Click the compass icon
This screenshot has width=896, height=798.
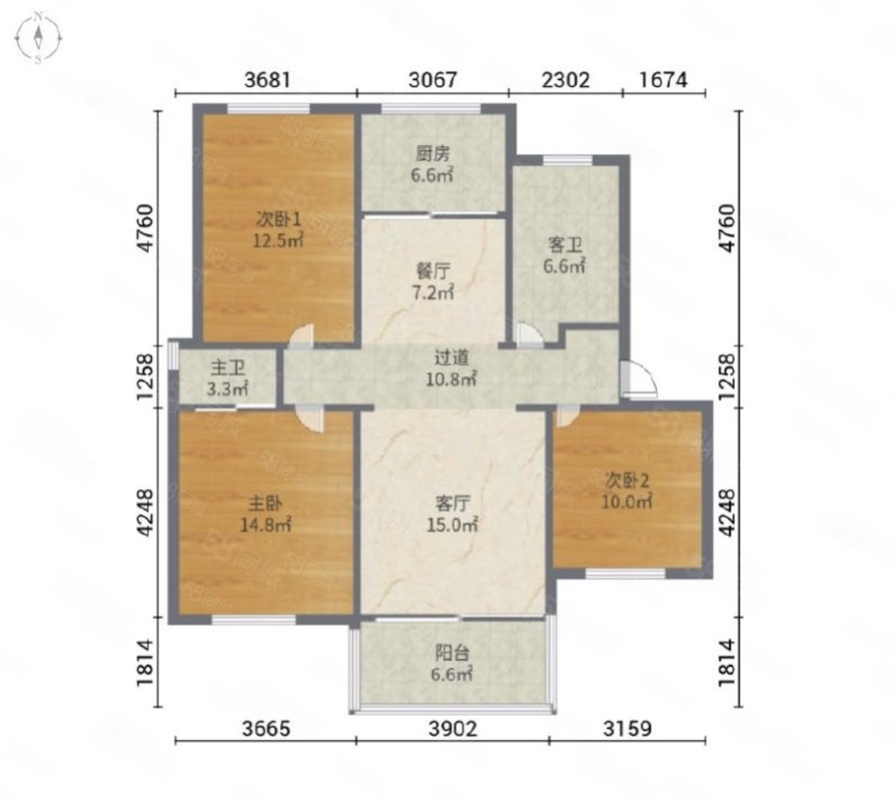(x=38, y=38)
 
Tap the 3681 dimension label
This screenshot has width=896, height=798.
(x=268, y=79)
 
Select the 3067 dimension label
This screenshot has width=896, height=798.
(x=433, y=79)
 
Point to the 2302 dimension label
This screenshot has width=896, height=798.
(x=565, y=79)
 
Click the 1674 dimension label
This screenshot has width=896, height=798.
(x=663, y=79)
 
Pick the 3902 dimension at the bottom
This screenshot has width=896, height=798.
(x=452, y=729)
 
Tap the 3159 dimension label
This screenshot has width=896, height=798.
(x=627, y=729)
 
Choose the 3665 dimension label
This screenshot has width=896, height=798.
(x=266, y=729)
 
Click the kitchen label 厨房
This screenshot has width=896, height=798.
(x=432, y=154)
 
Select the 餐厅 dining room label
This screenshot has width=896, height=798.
(x=432, y=270)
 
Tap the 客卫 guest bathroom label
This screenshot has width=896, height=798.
(x=565, y=245)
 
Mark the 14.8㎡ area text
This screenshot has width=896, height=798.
(x=265, y=524)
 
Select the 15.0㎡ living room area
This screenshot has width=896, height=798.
(x=452, y=524)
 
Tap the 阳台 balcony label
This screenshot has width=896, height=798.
(x=452, y=653)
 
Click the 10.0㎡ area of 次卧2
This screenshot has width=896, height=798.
(x=627, y=502)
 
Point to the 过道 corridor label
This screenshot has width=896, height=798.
(x=452, y=357)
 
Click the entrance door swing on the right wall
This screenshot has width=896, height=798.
(x=639, y=379)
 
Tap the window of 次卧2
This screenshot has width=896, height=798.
(x=626, y=573)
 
